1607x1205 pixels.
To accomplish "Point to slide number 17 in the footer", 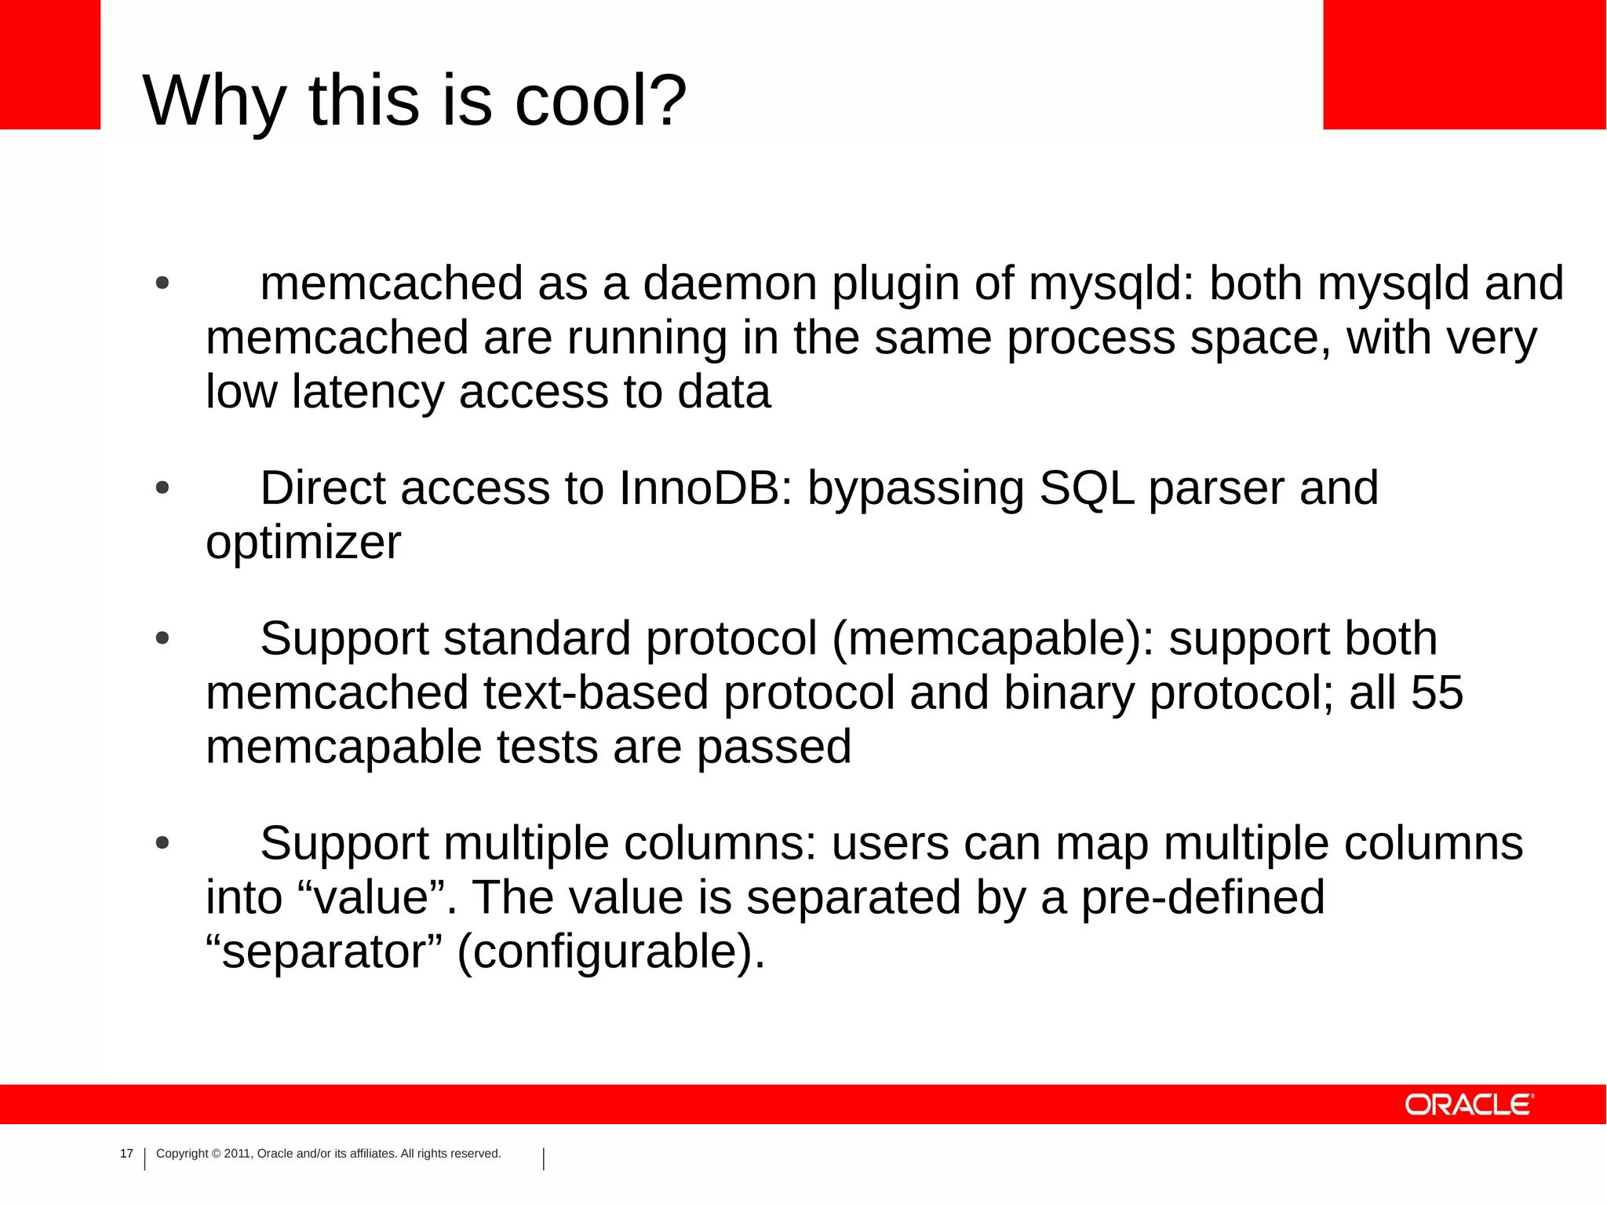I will [x=126, y=1153].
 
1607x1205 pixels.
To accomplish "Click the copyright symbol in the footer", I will [x=217, y=1154].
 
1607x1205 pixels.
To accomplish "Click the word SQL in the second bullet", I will [x=1086, y=488].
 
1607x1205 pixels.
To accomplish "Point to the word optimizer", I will [x=303, y=542].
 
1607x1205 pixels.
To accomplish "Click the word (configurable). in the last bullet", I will [x=610, y=952].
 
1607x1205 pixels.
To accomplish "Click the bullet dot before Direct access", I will [x=162, y=488].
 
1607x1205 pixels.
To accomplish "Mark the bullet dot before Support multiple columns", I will [x=162, y=844].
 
